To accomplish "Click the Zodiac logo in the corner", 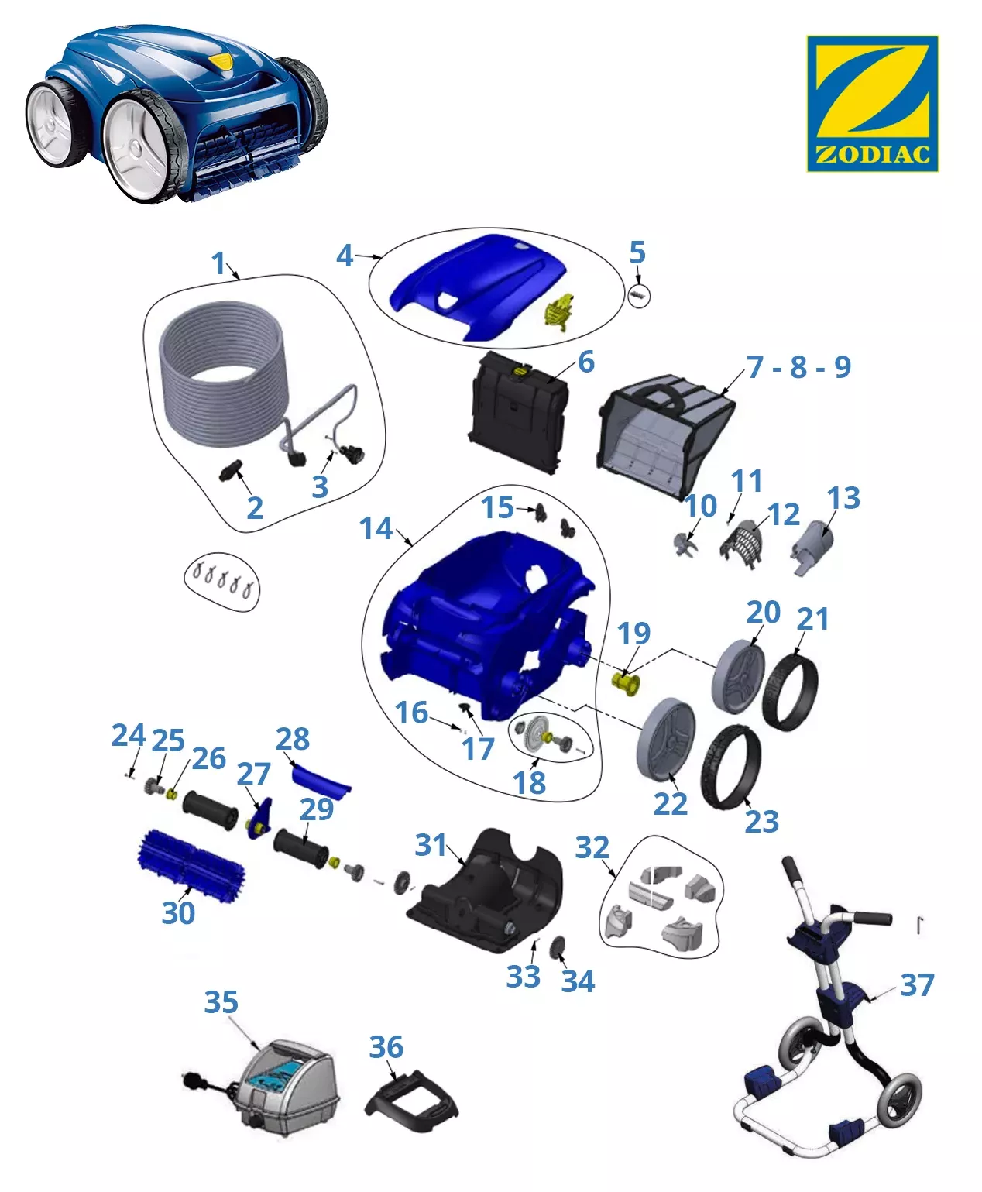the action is click(x=872, y=104).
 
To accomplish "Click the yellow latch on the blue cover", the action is click(x=559, y=311).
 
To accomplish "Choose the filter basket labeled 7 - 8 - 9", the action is click(x=665, y=437).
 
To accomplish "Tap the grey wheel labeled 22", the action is click(x=666, y=740).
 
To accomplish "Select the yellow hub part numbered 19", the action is click(x=625, y=683).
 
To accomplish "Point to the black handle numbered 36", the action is click(x=412, y=1103).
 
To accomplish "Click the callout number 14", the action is click(x=376, y=528).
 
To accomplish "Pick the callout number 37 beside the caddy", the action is click(x=917, y=984).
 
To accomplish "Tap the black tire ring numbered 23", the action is click(x=731, y=767).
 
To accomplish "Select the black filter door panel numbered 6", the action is click(x=518, y=412).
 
